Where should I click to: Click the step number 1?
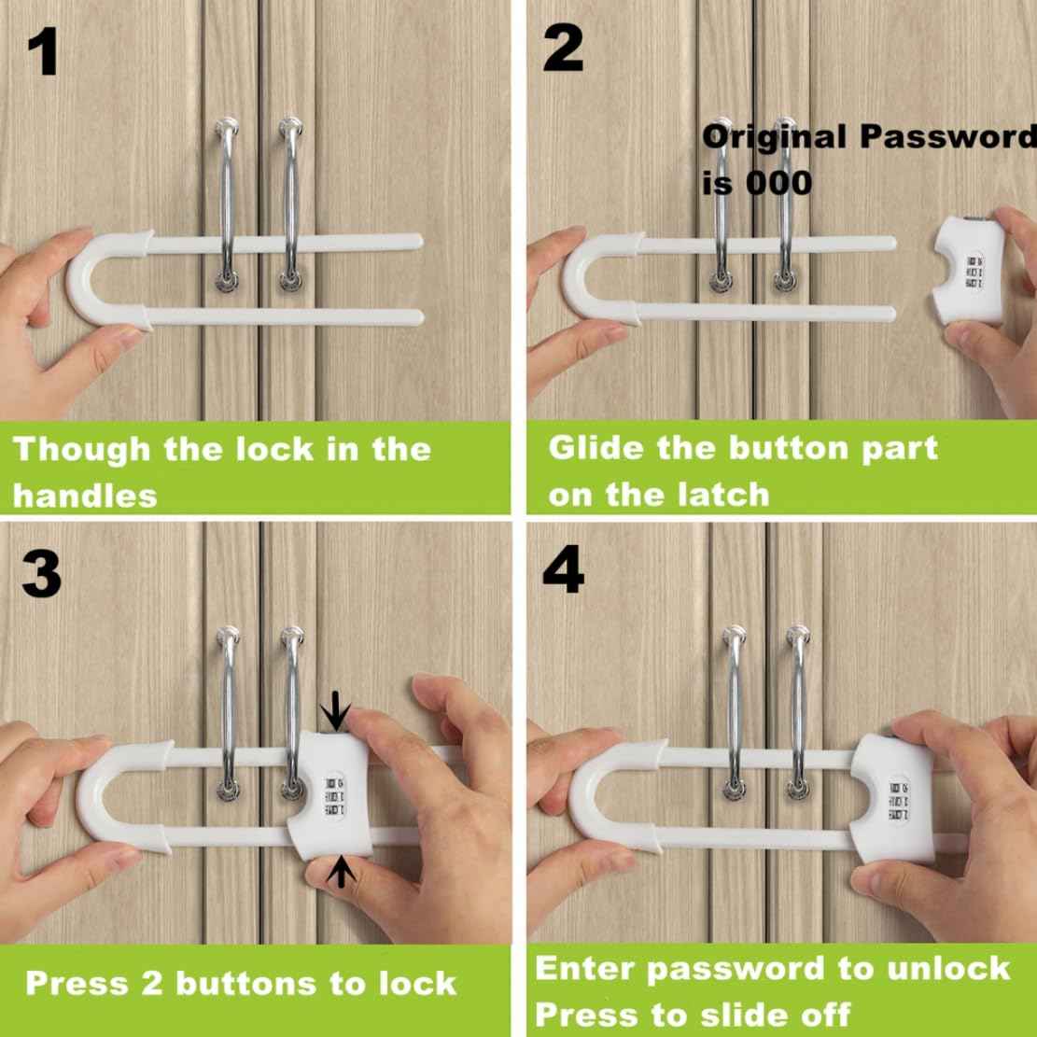point(42,53)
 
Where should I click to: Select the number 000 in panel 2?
point(778,182)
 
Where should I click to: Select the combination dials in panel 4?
point(898,799)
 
